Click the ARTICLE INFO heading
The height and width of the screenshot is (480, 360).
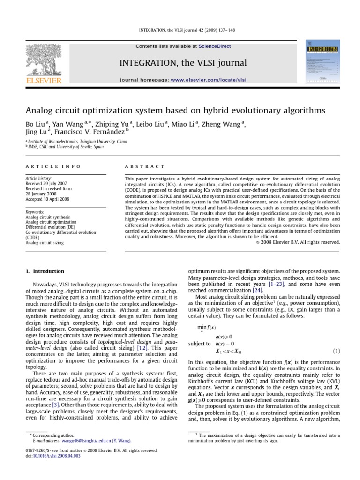click(53, 166)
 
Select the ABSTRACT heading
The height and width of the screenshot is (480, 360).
click(144, 166)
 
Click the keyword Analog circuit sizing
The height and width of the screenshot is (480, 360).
click(45, 243)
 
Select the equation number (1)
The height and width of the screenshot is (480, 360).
click(336, 351)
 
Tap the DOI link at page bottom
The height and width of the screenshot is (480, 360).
click(51, 456)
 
